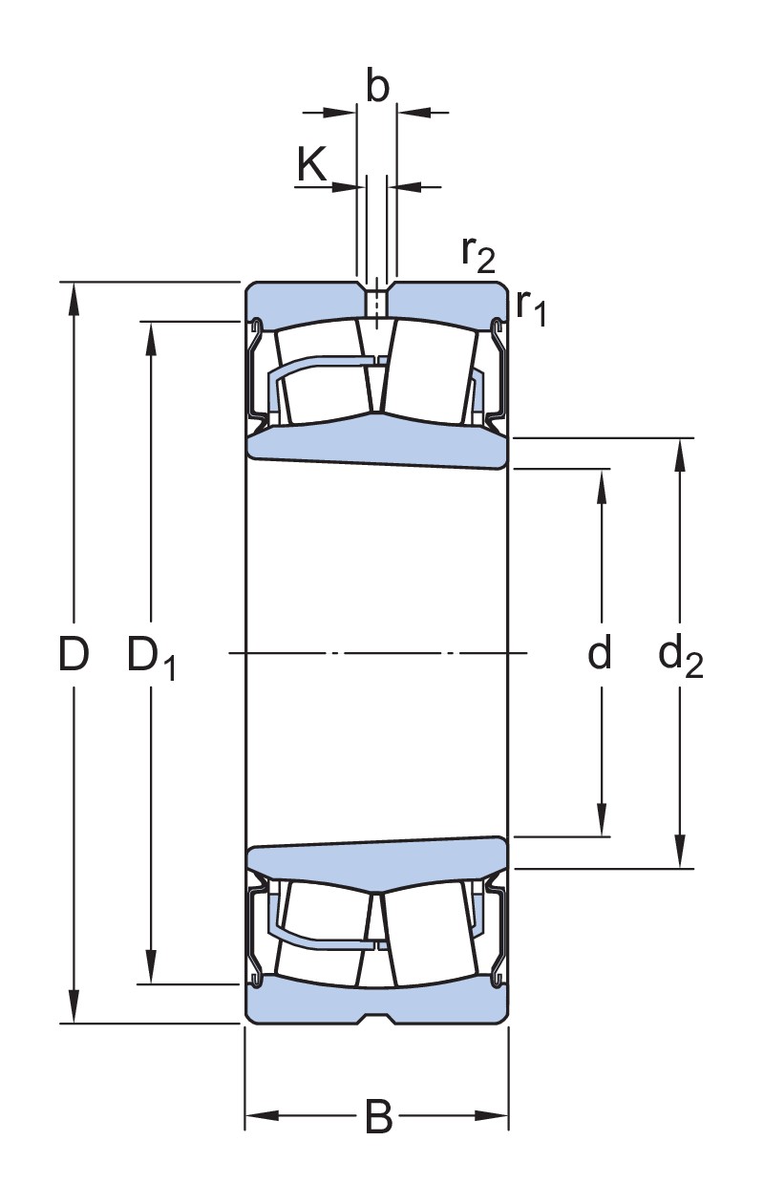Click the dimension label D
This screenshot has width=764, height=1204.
click(74, 654)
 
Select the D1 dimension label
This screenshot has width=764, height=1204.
click(151, 657)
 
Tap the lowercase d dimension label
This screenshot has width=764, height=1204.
click(599, 654)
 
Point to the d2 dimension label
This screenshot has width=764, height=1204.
click(680, 656)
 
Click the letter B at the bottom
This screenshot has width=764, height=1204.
click(378, 1116)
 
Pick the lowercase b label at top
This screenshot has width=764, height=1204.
click(378, 87)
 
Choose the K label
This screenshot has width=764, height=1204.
click(311, 164)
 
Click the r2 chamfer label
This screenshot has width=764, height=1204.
click(477, 252)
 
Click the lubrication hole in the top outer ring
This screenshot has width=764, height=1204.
click(377, 304)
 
